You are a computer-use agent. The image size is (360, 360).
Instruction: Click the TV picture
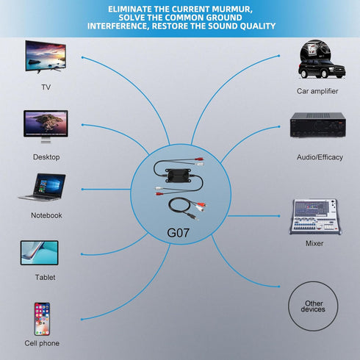[x=46, y=57]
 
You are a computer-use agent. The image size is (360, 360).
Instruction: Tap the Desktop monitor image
[x=46, y=126]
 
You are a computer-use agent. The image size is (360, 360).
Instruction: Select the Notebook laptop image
[x=42, y=187]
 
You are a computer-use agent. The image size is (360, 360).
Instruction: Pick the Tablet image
[x=40, y=253]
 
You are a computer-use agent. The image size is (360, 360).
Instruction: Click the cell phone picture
[x=42, y=319]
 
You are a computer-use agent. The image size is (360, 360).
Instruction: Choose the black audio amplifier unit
[x=318, y=125]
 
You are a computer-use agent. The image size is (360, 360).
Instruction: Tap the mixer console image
[x=315, y=217]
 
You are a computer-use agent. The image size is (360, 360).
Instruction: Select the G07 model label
[x=178, y=233]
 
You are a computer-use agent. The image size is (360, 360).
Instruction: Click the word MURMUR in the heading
[x=231, y=10]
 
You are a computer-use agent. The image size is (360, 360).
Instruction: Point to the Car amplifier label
[x=317, y=91]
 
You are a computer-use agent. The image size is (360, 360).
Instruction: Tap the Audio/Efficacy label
[x=320, y=157]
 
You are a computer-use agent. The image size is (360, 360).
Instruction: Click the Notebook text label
[x=46, y=215]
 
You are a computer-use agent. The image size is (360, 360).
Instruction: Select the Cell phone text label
[x=42, y=343]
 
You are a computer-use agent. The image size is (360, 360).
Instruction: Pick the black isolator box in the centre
[x=178, y=176]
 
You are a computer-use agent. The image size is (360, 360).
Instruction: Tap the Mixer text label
[x=314, y=243]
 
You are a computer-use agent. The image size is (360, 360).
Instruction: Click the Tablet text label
[x=45, y=278]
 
